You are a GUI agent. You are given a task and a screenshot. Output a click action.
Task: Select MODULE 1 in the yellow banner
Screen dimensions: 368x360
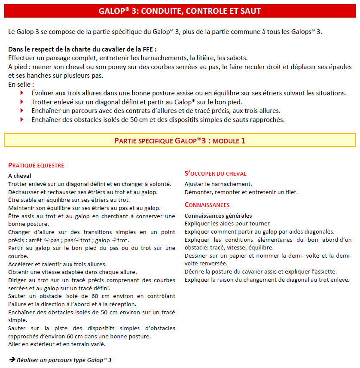(229, 140)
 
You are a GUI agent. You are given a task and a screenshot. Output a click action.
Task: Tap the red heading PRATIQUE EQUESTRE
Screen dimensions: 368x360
(36, 165)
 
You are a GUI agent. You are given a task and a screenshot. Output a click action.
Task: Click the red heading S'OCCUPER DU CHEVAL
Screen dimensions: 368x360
(215, 173)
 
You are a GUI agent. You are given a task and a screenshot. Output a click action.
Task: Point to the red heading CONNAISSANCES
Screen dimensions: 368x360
(207, 205)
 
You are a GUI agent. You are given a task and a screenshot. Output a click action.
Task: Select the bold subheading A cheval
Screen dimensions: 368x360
(19, 176)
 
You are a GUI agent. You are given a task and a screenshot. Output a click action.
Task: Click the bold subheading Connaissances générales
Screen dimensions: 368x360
(218, 216)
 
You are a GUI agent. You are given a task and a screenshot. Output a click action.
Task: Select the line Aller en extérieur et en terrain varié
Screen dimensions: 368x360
(57, 344)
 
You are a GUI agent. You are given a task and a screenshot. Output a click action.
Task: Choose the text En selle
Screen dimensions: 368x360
(20, 85)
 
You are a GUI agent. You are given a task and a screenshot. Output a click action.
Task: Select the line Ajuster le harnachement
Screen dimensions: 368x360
(218, 184)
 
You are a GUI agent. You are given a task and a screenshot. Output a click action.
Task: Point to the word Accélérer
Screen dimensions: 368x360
(21, 264)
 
